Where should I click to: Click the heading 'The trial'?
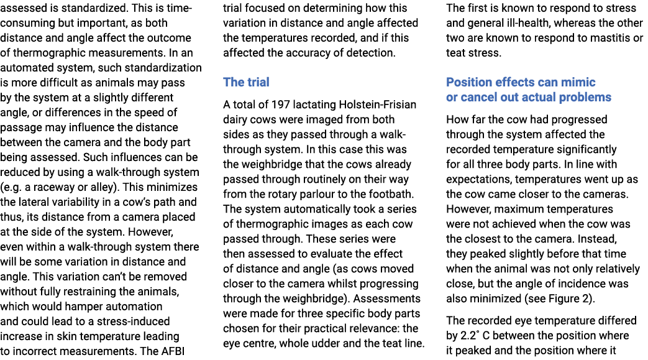tap(246, 82)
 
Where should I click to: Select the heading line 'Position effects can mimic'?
tap(521, 82)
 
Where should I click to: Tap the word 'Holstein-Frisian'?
tap(381, 104)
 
